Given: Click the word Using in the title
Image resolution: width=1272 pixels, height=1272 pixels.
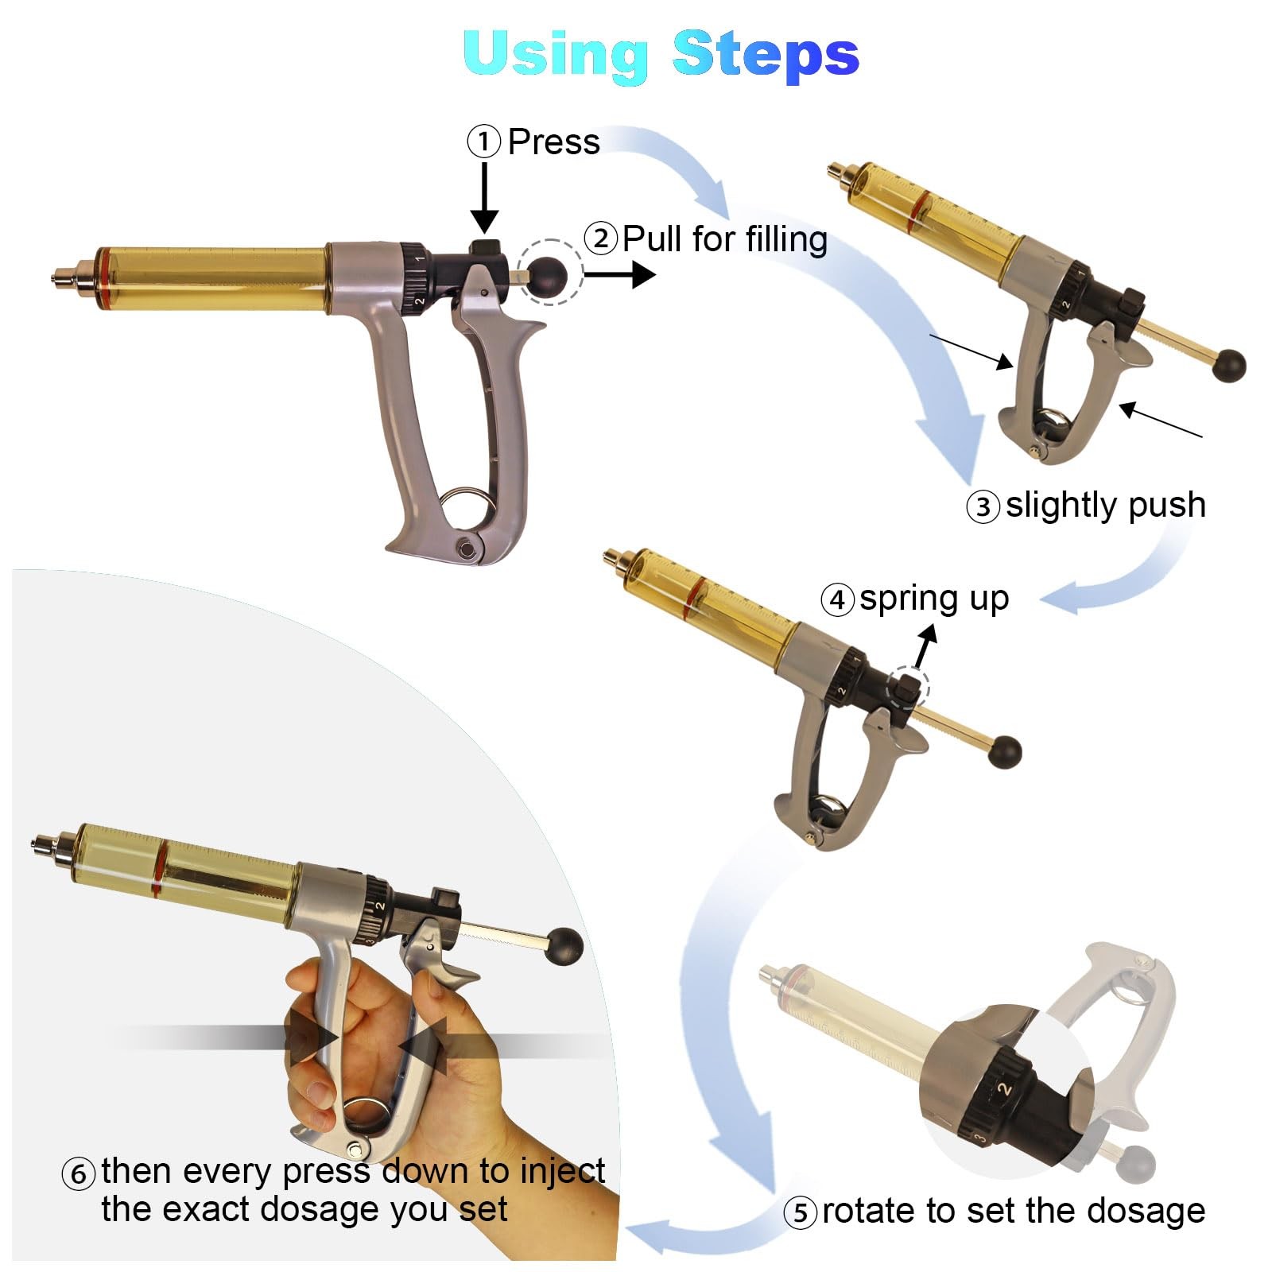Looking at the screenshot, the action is click(556, 55).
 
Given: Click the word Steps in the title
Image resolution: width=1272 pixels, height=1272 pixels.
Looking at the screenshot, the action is click(766, 53).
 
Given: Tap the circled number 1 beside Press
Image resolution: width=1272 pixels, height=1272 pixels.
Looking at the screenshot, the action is click(483, 142).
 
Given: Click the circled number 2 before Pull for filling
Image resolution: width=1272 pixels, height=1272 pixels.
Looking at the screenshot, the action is click(601, 238).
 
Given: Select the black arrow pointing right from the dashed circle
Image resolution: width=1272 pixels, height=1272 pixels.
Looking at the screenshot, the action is click(620, 275).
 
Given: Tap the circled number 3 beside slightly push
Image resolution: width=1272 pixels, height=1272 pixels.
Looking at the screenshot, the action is click(983, 506).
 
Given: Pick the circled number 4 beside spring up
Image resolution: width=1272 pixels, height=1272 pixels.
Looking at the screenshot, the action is click(837, 600).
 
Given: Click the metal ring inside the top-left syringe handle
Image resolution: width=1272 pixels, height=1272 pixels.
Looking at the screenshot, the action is click(467, 506).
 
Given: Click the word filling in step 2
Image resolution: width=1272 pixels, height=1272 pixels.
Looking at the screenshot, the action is click(777, 240).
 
